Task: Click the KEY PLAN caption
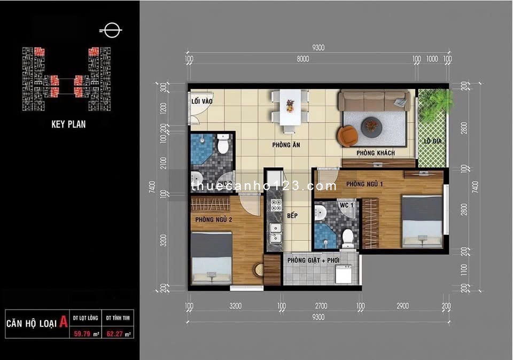click(68, 124)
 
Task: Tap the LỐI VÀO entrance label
click(200, 100)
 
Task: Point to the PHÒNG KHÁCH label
click(376, 153)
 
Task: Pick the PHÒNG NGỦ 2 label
click(213, 219)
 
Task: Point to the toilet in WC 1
click(348, 238)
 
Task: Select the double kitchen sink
click(276, 233)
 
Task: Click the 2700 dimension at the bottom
click(321, 306)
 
